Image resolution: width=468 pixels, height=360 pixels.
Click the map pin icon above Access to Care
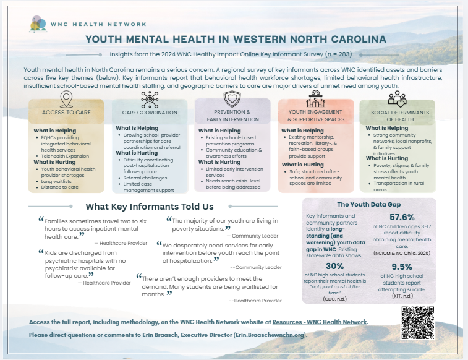click(66, 100)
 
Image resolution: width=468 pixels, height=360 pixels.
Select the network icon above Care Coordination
click(149, 100)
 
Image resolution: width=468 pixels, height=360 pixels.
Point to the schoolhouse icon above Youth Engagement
click(315, 100)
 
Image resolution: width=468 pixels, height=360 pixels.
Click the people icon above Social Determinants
click(396, 100)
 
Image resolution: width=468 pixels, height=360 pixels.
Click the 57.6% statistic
click(402, 217)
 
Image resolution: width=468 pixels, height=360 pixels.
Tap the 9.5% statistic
click(402, 267)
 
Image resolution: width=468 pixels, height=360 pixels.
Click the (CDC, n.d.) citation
click(334, 298)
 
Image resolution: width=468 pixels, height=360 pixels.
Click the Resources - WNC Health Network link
click(326, 322)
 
